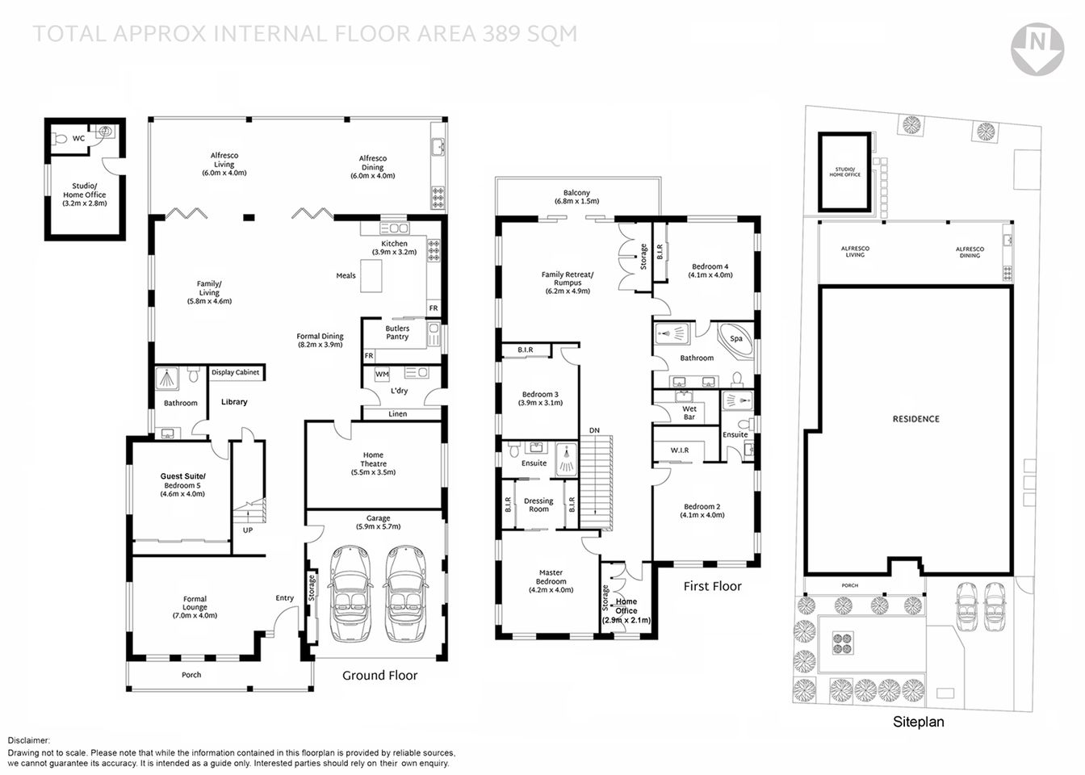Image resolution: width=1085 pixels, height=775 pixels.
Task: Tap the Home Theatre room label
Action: pos(373,463)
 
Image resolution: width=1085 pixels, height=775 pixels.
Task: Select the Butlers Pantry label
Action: pos(397,333)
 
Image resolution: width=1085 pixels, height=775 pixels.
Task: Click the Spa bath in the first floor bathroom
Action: pos(736,340)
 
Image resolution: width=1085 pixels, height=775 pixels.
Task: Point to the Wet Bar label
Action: pos(689,413)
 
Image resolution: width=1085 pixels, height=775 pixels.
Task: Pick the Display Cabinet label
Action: pos(235,372)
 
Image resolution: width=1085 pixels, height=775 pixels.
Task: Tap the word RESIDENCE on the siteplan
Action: pos(915,419)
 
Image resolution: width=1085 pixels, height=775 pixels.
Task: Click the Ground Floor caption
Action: pos(379,675)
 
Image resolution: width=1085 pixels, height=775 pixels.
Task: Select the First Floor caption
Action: pos(712,586)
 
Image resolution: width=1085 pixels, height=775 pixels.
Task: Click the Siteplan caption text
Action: pos(918,722)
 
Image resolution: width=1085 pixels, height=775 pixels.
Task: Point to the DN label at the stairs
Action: pos(594,430)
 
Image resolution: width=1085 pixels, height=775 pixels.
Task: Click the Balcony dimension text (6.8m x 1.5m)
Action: pos(576,201)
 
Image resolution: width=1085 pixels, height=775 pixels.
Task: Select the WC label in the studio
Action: pos(78,139)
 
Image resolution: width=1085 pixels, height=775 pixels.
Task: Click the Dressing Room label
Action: pos(538,505)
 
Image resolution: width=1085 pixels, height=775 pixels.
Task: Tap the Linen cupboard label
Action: pos(397,414)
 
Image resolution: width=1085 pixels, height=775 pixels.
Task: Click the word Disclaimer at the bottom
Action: pos(29,740)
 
